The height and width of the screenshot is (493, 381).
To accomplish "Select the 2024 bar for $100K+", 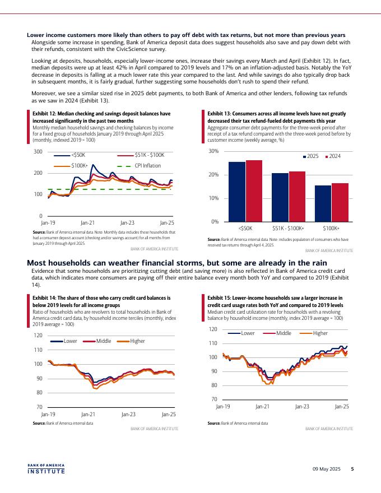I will tap(340, 202).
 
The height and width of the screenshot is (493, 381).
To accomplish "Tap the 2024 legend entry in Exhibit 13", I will tap(334, 155).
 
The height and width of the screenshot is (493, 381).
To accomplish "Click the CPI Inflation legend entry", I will tap(147, 165).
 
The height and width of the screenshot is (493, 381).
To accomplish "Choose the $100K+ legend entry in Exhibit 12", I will tap(80, 165).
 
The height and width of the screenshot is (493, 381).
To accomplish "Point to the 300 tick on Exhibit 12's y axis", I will tap(38, 152).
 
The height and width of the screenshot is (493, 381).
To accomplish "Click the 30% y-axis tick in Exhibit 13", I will tap(213, 152).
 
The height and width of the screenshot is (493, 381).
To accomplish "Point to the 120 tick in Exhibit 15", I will tap(213, 329).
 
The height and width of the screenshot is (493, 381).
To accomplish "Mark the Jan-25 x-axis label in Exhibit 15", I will tap(341, 406).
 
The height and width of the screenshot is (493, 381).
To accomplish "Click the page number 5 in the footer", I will tap(352, 468).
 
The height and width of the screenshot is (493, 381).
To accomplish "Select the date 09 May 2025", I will tap(327, 468).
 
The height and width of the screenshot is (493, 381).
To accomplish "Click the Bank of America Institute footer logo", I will tap(46, 468).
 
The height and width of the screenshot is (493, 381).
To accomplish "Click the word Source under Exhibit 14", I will tap(39, 423).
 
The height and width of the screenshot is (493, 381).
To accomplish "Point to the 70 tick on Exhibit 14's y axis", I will tap(39, 407).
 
